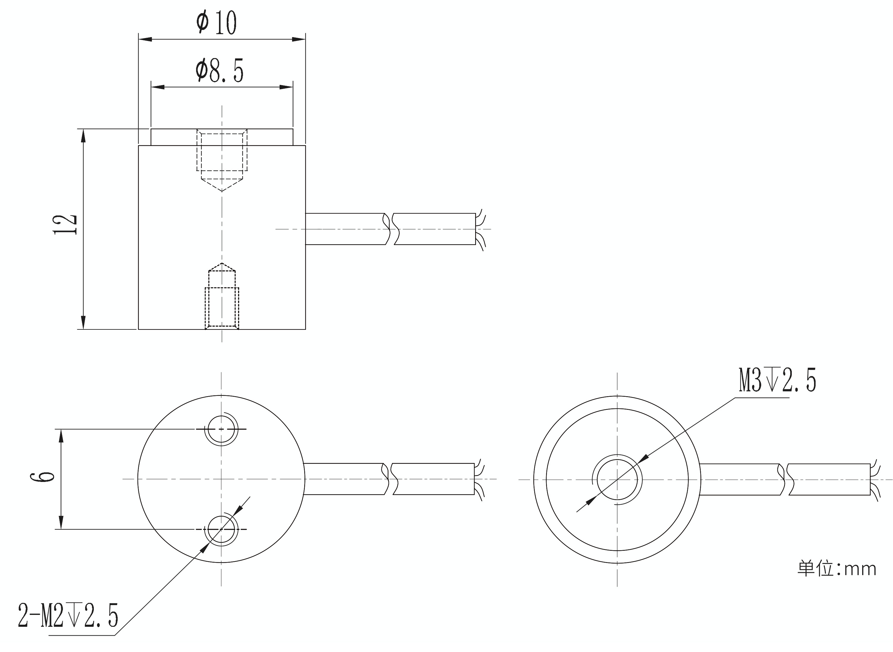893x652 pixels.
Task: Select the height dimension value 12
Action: (65, 225)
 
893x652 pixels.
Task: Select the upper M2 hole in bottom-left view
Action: (221, 429)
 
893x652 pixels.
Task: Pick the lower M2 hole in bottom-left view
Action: (221, 529)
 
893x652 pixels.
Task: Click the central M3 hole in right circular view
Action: (617, 480)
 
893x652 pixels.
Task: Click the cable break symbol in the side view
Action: (390, 229)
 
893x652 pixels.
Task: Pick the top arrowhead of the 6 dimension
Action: (61, 436)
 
